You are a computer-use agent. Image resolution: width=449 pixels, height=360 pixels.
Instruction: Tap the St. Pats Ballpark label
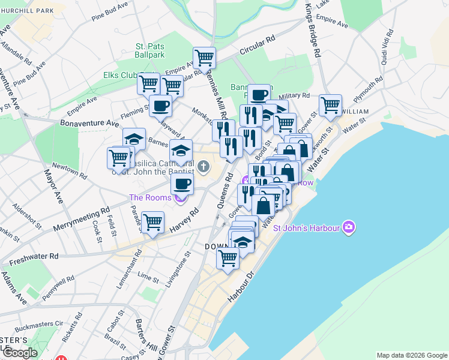pyautogui.click(x=149, y=50)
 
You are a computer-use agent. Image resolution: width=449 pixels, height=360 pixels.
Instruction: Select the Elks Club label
pyautogui.click(x=121, y=75)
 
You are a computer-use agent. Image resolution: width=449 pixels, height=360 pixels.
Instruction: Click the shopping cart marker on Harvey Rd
pyautogui.click(x=153, y=221)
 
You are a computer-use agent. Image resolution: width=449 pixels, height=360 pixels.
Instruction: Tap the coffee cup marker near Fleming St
pyautogui.click(x=160, y=106)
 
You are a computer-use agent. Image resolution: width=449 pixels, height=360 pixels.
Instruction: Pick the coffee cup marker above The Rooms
pyautogui.click(x=182, y=183)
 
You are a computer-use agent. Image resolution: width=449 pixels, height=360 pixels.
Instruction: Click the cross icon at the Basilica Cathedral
pyautogui.click(x=203, y=166)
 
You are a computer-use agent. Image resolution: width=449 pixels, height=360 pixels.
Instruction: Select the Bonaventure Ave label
pyautogui.click(x=89, y=123)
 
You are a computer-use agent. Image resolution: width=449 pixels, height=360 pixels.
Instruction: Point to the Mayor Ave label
pyautogui.click(x=52, y=186)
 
